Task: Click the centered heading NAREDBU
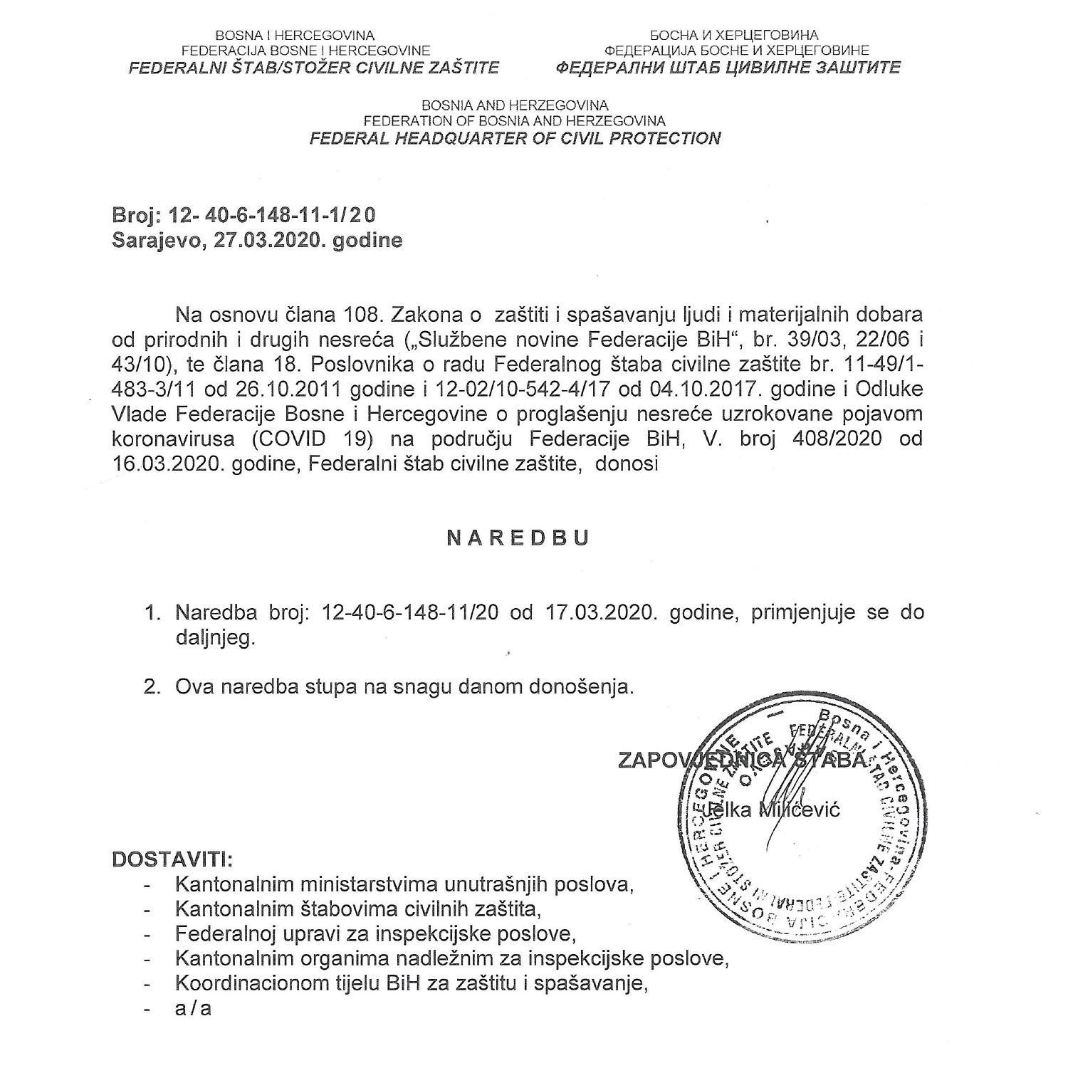tap(518, 538)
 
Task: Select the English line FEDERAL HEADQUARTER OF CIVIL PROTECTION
tap(515, 138)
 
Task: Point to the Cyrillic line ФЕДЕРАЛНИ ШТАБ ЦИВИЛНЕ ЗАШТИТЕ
tap(727, 68)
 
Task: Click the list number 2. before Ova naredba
tap(151, 687)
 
